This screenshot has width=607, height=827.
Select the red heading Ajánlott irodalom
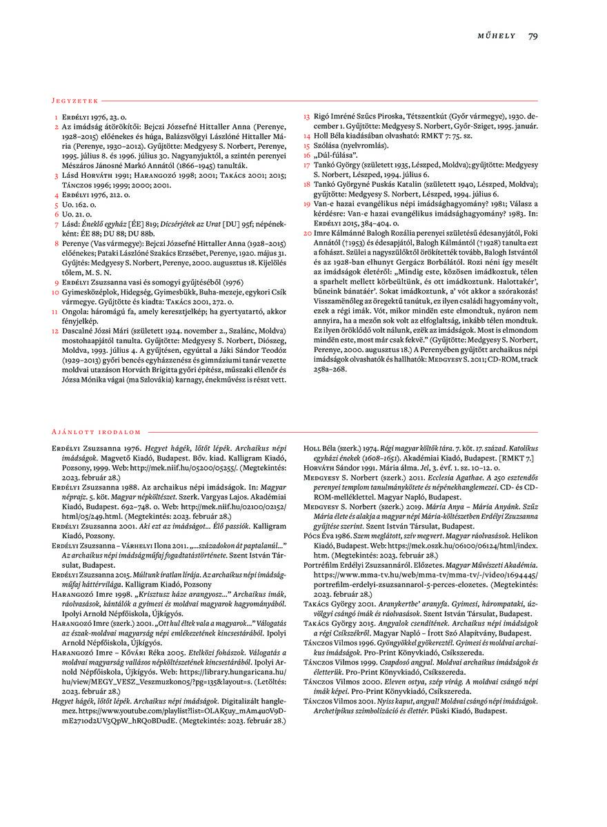(x=96, y=431)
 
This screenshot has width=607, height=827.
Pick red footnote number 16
(x=308, y=156)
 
